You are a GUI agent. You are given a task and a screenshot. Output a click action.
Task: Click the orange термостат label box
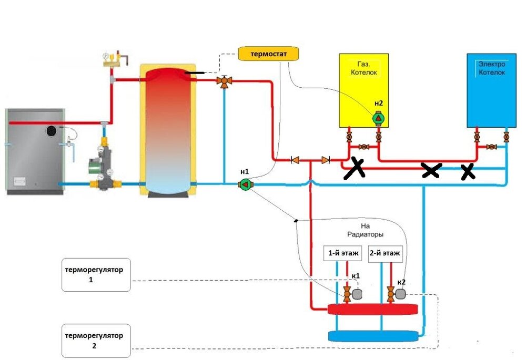point(268,54)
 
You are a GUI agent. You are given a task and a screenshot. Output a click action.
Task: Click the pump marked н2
point(378,119)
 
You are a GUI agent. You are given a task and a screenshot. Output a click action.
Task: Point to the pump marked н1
point(245,184)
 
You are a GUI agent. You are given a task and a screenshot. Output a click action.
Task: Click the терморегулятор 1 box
point(96,275)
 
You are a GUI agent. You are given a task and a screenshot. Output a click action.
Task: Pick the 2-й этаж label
point(385,253)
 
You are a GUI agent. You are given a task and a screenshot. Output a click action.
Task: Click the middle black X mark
point(431,169)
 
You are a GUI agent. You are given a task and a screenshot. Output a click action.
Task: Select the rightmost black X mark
point(467,171)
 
